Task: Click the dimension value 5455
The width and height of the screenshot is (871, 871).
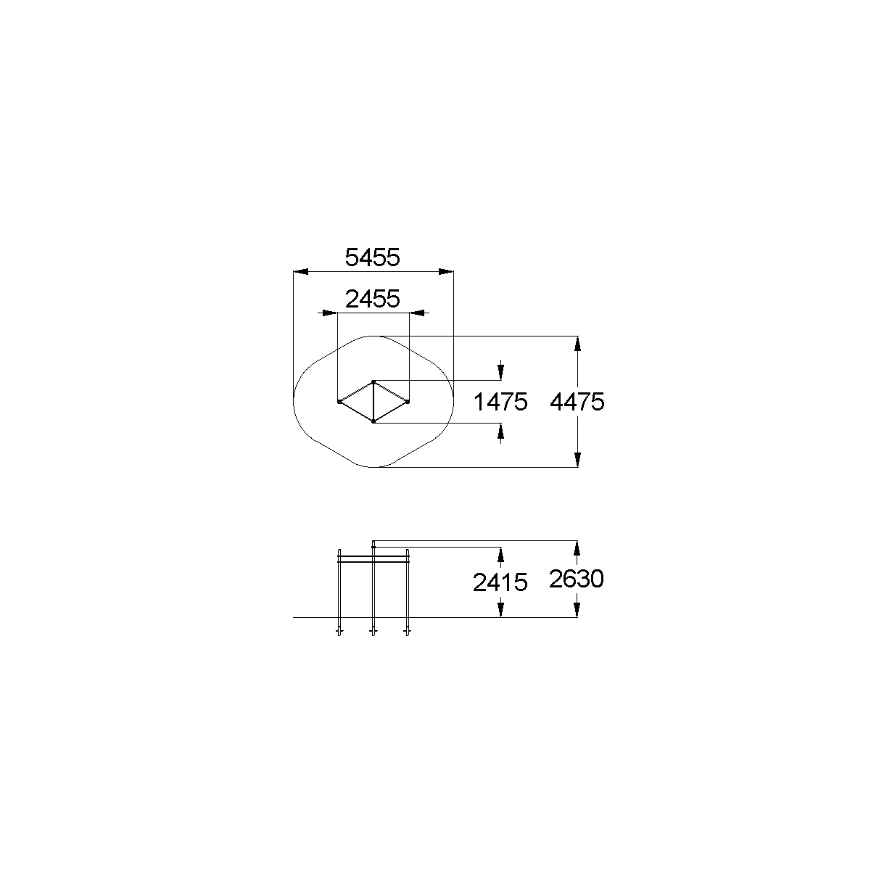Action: pos(372,257)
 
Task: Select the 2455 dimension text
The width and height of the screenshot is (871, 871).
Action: pos(373,299)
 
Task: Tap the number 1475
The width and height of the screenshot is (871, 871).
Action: pos(500,402)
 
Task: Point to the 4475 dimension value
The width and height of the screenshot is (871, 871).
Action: pos(577,402)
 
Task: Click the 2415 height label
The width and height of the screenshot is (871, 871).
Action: pos(500,582)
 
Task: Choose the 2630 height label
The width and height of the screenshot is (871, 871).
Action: pos(577,579)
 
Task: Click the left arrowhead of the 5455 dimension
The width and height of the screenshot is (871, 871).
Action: pos(300,272)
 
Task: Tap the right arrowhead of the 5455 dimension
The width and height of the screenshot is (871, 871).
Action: pos(446,272)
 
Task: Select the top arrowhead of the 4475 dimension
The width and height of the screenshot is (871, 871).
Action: pos(577,344)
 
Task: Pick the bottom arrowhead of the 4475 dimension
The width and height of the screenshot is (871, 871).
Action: pos(577,460)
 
